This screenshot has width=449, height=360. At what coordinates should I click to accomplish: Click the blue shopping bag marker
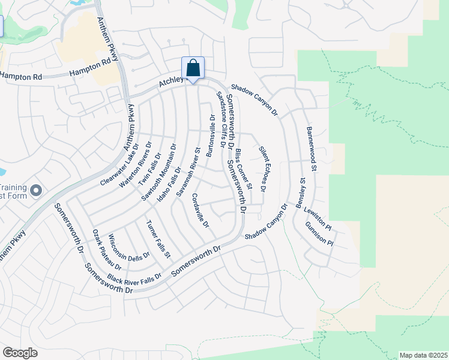click(193, 68)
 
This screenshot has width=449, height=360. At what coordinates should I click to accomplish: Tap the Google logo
click(20, 353)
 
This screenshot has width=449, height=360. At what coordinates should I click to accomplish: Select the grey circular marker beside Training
click(36, 191)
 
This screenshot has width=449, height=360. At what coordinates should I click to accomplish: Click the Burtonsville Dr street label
click(210, 136)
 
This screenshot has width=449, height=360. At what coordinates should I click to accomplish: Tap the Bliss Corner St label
click(244, 163)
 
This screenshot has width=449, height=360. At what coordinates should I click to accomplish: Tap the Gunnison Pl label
click(319, 235)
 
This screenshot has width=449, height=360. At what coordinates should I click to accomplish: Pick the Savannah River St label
click(187, 172)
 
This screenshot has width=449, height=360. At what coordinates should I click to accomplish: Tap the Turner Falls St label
click(158, 238)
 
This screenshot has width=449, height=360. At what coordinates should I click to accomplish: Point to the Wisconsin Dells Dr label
click(129, 247)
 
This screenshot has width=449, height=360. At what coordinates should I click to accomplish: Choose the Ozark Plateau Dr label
click(107, 250)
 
